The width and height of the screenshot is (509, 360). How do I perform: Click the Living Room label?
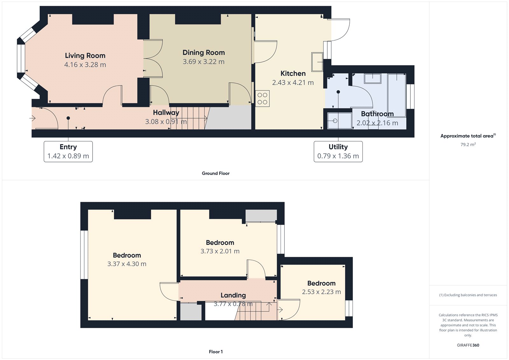pyautogui.click(x=85, y=56)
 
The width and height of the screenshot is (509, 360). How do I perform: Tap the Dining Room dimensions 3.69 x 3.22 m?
pyautogui.click(x=204, y=62)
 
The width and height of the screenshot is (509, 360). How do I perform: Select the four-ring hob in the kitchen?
pyautogui.click(x=262, y=98)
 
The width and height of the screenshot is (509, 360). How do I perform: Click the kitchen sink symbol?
pyautogui.click(x=317, y=62)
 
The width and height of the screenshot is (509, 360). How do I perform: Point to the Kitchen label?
pyautogui.click(x=293, y=74)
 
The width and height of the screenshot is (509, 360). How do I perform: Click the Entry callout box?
pyautogui.click(x=68, y=152)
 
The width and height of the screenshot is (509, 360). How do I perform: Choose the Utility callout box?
pyautogui.click(x=338, y=152)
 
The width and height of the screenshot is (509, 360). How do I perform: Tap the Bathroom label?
pyautogui.click(x=377, y=114)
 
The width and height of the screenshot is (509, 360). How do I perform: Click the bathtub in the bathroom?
pyautogui.click(x=397, y=95)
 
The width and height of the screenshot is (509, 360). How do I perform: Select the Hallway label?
pyautogui.click(x=166, y=113)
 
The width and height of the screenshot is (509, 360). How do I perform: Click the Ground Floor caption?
pyautogui.click(x=216, y=173)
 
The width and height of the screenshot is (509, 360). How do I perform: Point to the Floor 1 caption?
pyautogui.click(x=216, y=352)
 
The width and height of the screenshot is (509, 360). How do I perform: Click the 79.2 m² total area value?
pyautogui.click(x=468, y=145)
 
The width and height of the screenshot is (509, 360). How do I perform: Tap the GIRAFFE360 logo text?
pyautogui.click(x=468, y=345)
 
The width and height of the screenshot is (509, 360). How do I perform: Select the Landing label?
pyautogui.click(x=233, y=295)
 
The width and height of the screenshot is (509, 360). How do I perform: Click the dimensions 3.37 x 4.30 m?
pyautogui.click(x=127, y=264)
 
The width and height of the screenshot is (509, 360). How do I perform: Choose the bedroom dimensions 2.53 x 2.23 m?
pyautogui.click(x=321, y=292)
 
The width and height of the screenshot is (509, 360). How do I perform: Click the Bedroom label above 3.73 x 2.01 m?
pyautogui.click(x=220, y=243)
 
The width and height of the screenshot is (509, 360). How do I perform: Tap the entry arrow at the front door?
pyautogui.click(x=32, y=118)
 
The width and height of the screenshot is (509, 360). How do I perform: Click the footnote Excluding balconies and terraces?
pyautogui.click(x=468, y=295)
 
